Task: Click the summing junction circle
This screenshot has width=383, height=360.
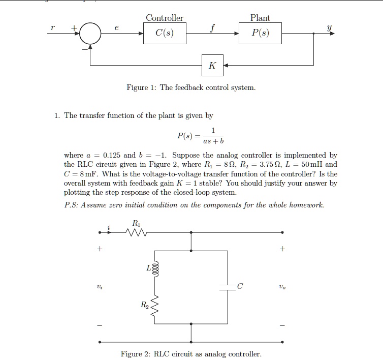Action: point(91,34)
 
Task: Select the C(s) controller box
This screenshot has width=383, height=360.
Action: point(165,34)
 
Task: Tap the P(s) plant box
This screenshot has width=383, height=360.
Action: point(261,34)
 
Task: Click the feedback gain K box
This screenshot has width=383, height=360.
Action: point(212,65)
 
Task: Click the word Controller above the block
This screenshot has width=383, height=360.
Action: point(165,18)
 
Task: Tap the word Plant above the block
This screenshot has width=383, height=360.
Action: point(260,18)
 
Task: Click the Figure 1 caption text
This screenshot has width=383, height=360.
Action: point(191,88)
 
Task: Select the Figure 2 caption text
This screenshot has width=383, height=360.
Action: point(191,354)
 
